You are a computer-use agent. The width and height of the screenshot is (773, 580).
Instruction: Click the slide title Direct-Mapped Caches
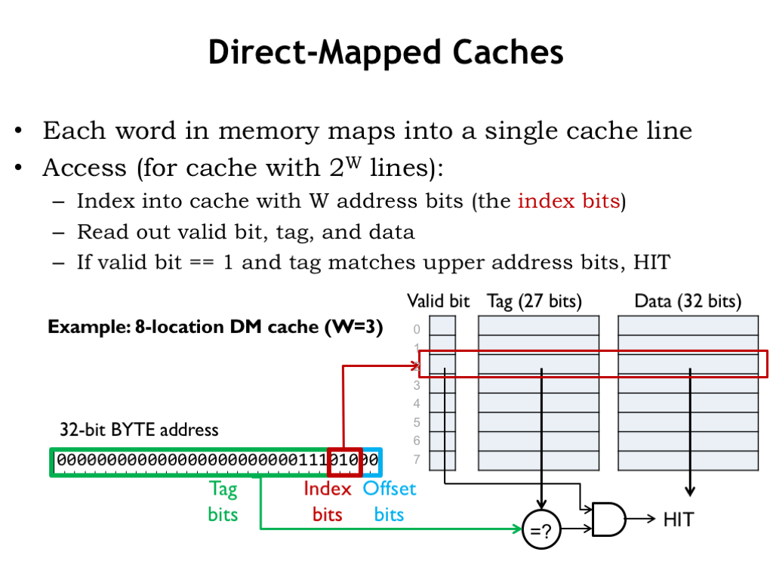coord(386,53)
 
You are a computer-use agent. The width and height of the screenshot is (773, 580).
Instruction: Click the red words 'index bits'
coord(568,201)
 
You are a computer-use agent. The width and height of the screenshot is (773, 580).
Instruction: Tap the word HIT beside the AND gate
coord(678,519)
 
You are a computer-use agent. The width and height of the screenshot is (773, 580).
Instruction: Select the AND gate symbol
coord(608,520)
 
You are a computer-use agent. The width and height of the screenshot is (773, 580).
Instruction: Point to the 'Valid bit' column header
coord(438,301)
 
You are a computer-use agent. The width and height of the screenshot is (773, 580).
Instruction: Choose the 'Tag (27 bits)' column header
coord(534,301)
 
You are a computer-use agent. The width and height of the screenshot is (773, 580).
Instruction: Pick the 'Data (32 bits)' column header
coord(688,301)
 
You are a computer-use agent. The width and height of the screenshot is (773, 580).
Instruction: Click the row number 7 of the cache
coord(417,459)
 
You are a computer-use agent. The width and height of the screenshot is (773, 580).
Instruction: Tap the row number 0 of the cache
coord(417,329)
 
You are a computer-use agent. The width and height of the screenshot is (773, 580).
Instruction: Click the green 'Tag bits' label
coord(223,501)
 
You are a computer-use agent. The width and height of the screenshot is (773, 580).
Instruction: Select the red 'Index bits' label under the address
coord(328,501)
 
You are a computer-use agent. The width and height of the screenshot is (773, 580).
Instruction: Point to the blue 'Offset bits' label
coord(390,501)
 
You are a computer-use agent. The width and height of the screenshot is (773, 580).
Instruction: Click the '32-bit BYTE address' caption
coord(139,430)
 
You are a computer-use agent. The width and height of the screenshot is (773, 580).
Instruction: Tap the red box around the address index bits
coord(345,461)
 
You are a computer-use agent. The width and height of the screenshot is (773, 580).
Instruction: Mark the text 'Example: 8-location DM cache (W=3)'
coord(215,327)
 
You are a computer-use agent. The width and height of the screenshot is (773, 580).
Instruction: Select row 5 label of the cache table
coord(417,422)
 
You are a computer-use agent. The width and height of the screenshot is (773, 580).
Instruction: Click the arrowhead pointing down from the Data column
coord(689,492)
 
